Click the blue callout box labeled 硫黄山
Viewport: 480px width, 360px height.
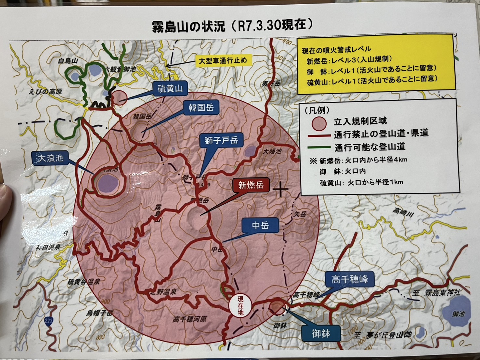[x=170, y=88]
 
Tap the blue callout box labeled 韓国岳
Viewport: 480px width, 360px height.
[x=201, y=107]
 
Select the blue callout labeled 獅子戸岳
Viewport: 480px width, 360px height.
[x=221, y=140]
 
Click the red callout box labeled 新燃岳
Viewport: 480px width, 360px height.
[x=251, y=185]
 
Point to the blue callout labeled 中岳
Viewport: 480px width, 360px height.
[x=260, y=225]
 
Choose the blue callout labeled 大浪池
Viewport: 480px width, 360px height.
[x=50, y=158]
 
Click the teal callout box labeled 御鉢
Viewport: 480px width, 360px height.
[x=321, y=333]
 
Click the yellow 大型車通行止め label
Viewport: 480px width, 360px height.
[x=223, y=61]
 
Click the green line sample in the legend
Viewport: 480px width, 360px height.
[x=318, y=147]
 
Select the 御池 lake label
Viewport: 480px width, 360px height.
[x=458, y=314]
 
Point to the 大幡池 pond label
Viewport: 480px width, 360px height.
[x=272, y=151]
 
